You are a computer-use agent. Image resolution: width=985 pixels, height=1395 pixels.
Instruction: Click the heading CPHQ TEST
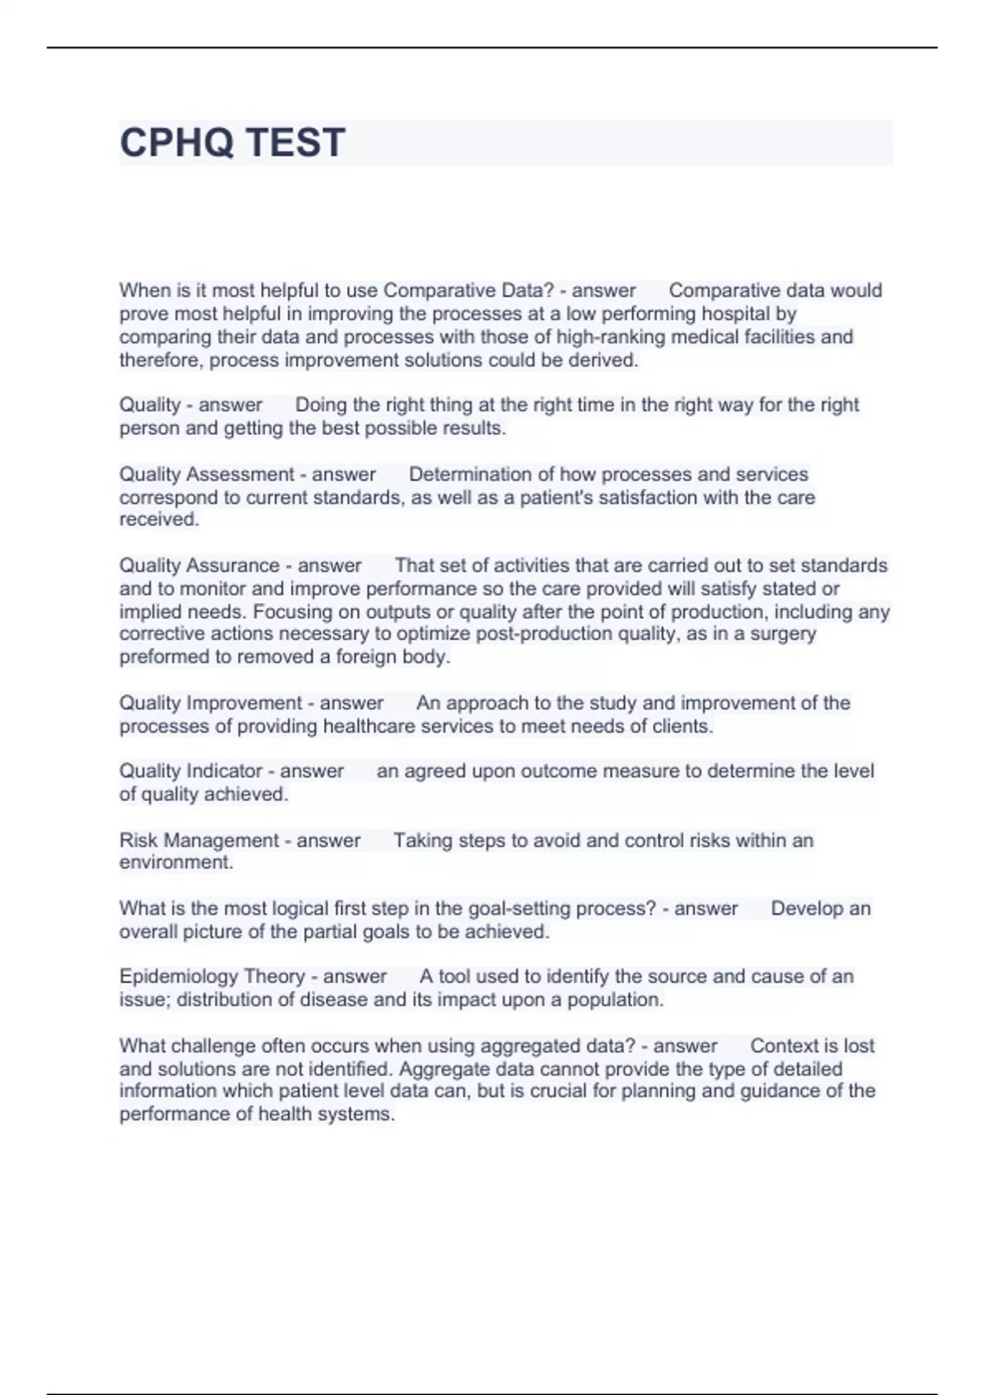[x=232, y=143]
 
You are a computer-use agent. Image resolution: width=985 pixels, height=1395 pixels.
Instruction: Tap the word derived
[x=607, y=360]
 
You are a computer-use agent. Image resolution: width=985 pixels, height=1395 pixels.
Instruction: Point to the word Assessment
[x=241, y=474]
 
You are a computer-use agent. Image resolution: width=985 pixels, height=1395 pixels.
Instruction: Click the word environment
[x=175, y=862]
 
